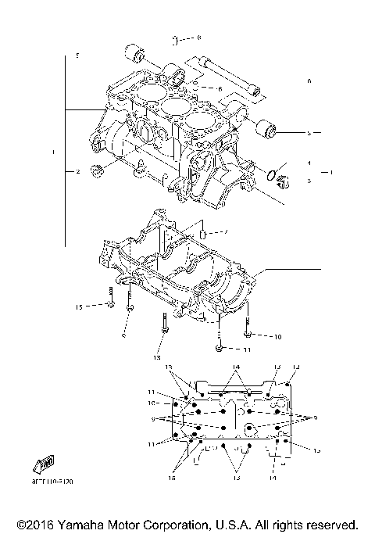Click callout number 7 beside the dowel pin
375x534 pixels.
(225, 232)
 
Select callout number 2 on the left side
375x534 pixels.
(78, 171)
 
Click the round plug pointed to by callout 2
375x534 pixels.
(98, 171)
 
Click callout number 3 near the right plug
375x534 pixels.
(309, 181)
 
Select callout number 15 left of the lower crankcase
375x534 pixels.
(78, 306)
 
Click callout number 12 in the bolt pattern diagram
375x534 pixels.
(296, 367)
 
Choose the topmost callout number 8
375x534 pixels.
(198, 38)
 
